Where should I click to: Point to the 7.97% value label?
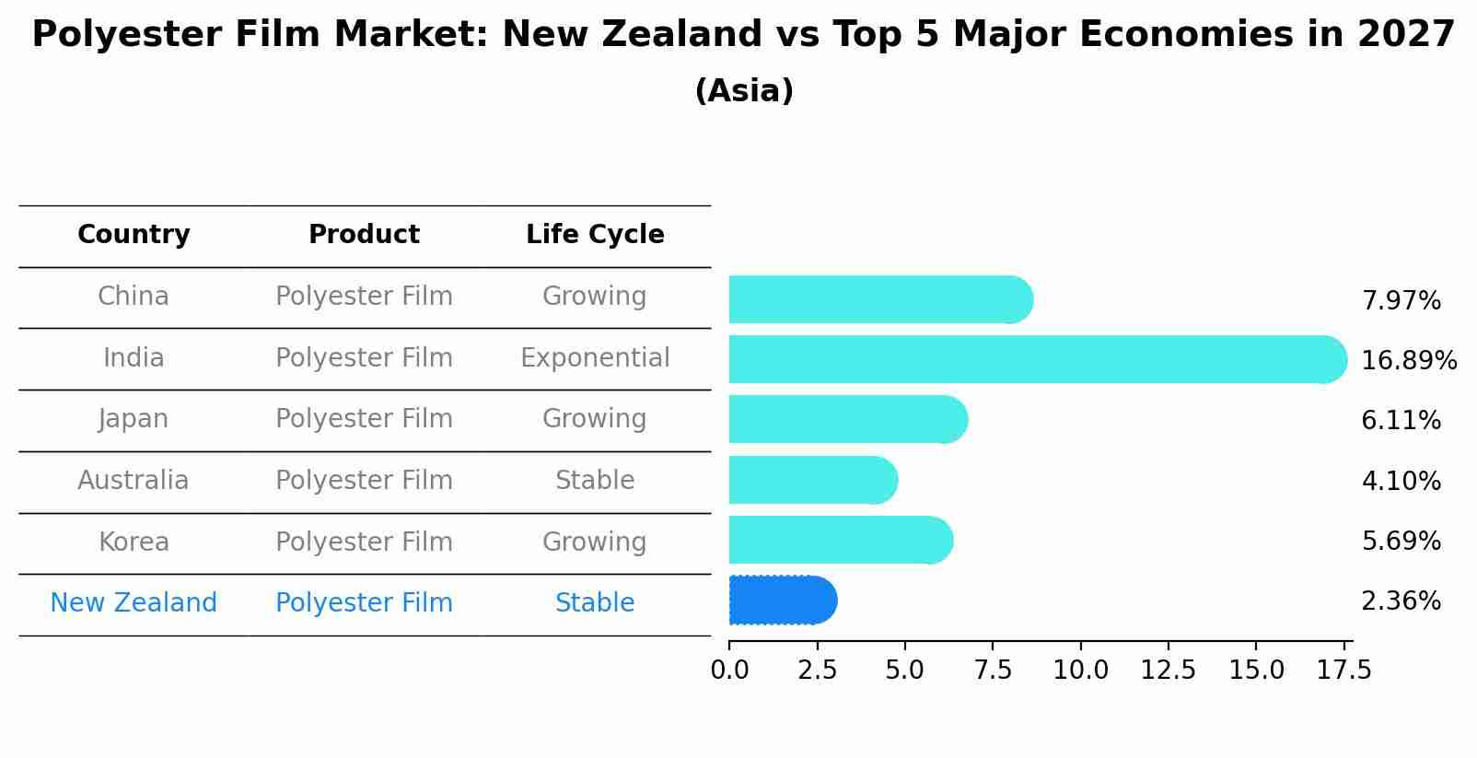click(1401, 301)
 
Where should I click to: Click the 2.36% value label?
click(1401, 601)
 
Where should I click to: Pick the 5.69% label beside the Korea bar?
click(1401, 542)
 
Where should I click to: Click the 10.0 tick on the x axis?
click(1080, 671)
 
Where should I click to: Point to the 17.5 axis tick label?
click(1344, 671)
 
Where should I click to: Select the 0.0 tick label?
click(729, 671)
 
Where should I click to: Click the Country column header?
click(134, 235)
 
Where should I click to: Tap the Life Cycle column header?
click(595, 235)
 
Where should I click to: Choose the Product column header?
click(364, 235)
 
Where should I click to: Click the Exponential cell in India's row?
click(595, 358)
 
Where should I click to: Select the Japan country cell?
click(134, 419)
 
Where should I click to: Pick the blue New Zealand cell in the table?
click(134, 603)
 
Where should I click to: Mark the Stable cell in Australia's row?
click(595, 481)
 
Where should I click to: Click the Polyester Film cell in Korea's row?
click(364, 542)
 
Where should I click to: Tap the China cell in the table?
click(134, 297)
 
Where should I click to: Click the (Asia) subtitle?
click(744, 91)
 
